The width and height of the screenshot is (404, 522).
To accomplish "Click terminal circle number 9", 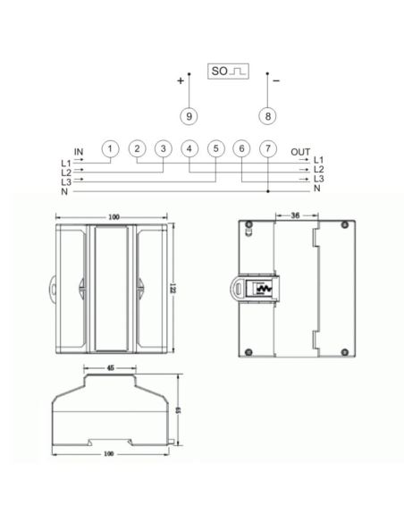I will click(x=189, y=115).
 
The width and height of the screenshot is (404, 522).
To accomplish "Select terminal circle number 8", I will click(x=266, y=115).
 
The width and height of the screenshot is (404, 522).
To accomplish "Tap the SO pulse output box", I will click(x=228, y=69).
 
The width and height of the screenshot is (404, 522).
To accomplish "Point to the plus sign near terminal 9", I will click(x=181, y=80).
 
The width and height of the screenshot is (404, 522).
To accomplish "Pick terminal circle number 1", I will click(x=109, y=148).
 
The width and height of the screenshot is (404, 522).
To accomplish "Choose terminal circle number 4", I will click(x=189, y=148).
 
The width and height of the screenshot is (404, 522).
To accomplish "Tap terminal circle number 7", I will click(x=268, y=148).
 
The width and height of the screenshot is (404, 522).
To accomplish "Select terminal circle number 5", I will click(x=215, y=148).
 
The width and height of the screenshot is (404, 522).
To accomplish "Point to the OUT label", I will click(x=300, y=152).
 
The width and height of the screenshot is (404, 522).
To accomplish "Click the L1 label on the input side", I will click(x=65, y=163).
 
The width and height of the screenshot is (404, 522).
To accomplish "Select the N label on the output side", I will click(x=317, y=189).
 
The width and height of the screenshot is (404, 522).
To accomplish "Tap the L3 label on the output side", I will click(x=319, y=180).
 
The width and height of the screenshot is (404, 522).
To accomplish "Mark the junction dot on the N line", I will click(x=268, y=190).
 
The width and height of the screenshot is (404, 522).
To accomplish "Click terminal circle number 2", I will click(x=137, y=148).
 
